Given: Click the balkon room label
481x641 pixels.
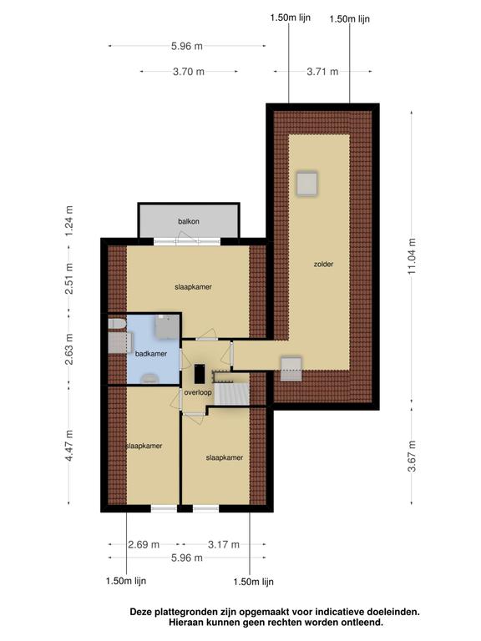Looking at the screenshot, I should tap(189, 221).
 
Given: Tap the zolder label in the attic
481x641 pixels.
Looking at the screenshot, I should tap(323, 264).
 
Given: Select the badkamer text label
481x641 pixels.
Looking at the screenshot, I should tap(151, 354).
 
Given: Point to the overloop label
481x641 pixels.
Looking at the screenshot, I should tap(197, 392).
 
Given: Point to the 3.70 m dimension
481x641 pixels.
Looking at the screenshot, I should tap(189, 72).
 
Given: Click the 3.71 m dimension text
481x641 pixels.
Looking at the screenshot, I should tap(322, 72).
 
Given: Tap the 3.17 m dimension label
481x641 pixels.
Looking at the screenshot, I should tap(223, 544).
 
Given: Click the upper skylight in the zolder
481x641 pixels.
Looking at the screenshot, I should tap(306, 183).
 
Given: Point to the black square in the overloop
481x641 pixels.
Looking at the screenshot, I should tap(199, 375).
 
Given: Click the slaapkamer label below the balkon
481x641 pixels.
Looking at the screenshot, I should tap(193, 287).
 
